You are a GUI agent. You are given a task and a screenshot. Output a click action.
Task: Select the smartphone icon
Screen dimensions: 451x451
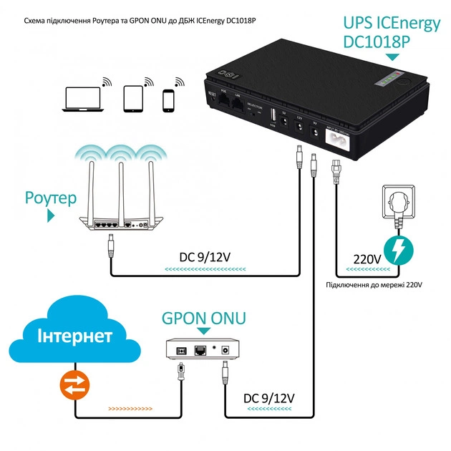click(169, 100)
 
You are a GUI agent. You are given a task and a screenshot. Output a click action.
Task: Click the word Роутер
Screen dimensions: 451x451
click(50, 198)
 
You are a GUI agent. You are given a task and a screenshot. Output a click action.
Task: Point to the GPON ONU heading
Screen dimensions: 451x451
click(203, 317)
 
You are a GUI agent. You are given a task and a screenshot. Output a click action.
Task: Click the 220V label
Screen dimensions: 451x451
click(364, 259)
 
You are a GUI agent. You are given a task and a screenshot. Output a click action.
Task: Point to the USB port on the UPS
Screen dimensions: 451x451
click(273, 115)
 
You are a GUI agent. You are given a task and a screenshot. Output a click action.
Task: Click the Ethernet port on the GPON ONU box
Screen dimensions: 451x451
click(202, 349)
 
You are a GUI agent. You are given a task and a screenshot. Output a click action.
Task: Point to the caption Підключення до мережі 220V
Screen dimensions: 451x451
click(374, 284)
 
